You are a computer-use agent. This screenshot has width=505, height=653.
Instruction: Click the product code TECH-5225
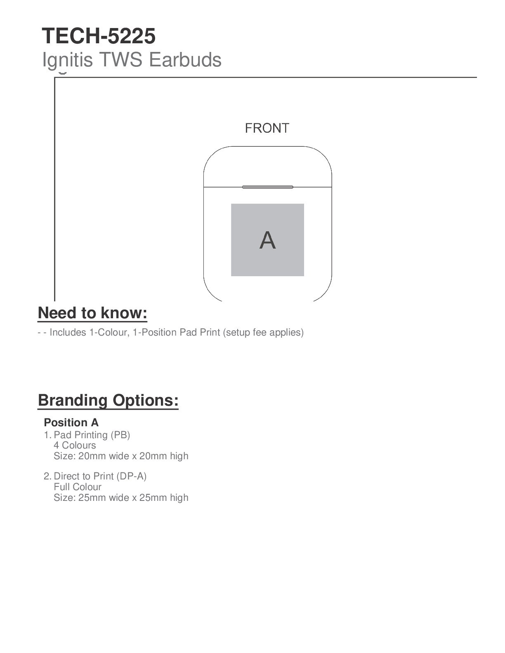click(99, 36)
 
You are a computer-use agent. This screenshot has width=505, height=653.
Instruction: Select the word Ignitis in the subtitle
click(67, 60)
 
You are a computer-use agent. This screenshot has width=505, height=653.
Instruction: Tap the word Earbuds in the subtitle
click(185, 60)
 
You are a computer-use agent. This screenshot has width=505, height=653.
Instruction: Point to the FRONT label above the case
click(267, 128)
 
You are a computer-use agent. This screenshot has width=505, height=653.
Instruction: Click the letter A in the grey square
click(267, 240)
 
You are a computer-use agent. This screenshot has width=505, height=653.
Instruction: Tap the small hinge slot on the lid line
click(267, 187)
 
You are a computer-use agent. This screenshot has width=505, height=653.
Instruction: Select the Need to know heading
click(92, 313)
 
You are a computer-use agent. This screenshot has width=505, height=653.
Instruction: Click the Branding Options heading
click(108, 400)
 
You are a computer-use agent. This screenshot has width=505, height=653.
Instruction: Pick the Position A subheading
click(71, 423)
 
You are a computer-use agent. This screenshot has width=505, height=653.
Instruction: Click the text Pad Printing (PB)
click(92, 435)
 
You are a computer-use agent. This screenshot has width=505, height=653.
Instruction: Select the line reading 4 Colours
click(75, 445)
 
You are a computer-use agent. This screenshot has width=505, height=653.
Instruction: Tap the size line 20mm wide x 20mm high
click(121, 456)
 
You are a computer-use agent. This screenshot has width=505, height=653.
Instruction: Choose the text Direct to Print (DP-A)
click(100, 476)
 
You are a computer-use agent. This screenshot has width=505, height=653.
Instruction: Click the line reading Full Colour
click(78, 487)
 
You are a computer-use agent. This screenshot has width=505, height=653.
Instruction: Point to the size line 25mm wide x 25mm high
click(121, 498)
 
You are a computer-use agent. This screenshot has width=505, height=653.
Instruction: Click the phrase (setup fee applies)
click(263, 332)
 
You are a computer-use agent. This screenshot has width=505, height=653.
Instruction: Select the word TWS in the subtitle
click(121, 60)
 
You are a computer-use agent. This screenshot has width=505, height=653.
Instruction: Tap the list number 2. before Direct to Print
click(47, 476)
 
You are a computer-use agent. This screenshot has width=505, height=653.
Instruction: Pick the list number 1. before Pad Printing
click(47, 435)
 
